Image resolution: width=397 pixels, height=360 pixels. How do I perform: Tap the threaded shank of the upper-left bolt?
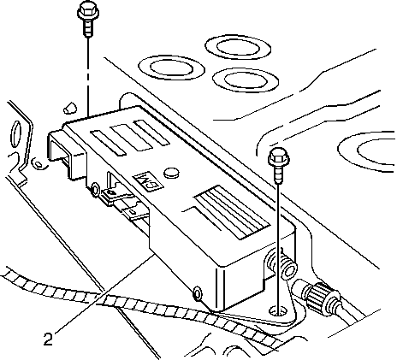(x=88, y=28)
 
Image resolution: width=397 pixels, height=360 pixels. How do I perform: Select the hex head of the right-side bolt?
(x=279, y=156)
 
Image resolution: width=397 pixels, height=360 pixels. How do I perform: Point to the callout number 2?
(x=48, y=339)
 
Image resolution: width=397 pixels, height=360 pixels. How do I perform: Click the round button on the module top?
(x=171, y=172)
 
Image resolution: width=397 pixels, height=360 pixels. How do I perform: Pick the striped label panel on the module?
(x=232, y=211)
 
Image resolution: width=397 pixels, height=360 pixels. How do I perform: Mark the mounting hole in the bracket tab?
(x=278, y=310)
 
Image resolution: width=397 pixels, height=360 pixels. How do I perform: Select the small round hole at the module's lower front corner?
(x=198, y=292)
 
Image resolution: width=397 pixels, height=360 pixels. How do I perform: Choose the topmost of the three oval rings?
(x=238, y=47)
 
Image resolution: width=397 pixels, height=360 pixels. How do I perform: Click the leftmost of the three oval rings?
(x=171, y=68)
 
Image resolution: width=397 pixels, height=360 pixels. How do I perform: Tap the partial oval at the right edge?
(x=367, y=151)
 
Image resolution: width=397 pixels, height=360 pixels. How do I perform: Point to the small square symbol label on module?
(x=148, y=180)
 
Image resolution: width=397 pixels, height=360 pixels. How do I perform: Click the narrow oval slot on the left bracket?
(x=15, y=133)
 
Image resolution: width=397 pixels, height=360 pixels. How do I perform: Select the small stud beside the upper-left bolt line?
(x=70, y=107)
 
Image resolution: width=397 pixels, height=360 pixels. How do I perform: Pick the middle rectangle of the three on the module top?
(x=132, y=138)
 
